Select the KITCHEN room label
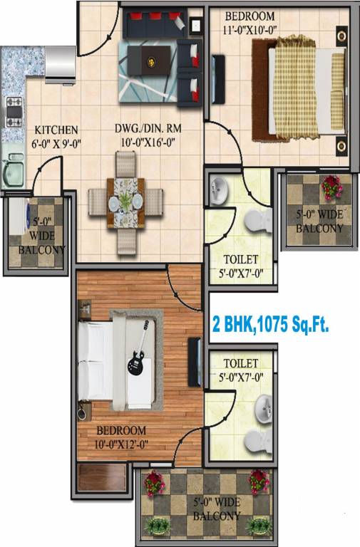[x=56, y=130]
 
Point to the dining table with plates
[x=125, y=203]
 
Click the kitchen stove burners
[x=14, y=110]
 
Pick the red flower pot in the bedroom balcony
[x=331, y=187]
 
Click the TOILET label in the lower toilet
[x=240, y=364]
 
